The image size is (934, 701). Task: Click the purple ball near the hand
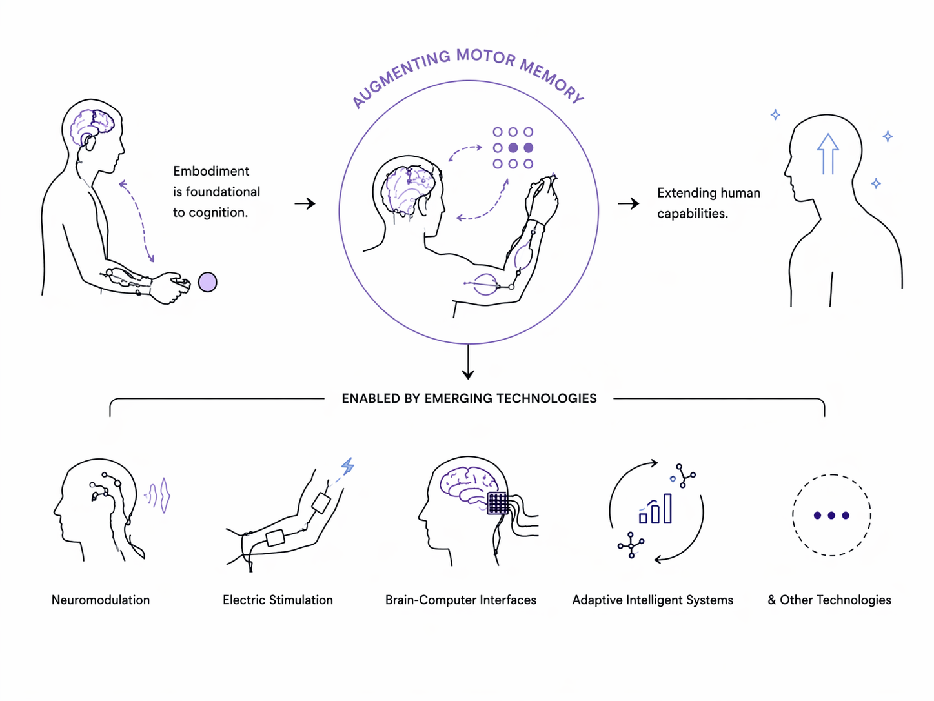click(x=207, y=282)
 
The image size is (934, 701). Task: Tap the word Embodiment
click(x=211, y=171)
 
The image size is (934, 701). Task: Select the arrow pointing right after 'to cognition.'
click(x=305, y=204)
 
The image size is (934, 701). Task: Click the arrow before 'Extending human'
click(x=628, y=204)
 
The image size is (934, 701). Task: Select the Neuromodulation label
click(x=101, y=600)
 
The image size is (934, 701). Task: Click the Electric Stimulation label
click(x=278, y=600)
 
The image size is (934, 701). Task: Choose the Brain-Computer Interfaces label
click(x=461, y=600)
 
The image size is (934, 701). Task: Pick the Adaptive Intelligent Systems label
click(x=653, y=600)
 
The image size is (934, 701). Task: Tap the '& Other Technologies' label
click(x=829, y=600)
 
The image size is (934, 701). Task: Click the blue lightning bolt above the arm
click(x=348, y=466)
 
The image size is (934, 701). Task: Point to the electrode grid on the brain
click(x=498, y=503)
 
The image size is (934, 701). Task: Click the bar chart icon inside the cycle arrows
click(x=656, y=510)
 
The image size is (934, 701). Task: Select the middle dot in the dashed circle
click(x=831, y=515)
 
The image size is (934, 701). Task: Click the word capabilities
click(x=692, y=214)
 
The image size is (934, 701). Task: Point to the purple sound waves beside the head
click(x=159, y=496)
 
